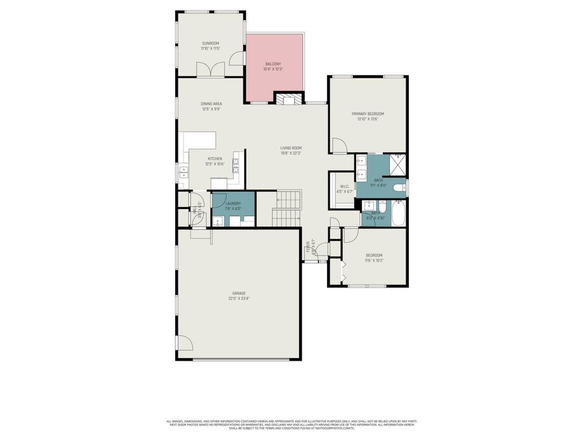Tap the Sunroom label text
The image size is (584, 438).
pos(210,43)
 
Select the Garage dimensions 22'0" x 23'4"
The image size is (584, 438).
pos(239,298)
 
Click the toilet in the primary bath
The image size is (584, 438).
pos(400,188)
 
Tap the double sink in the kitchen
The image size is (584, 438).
pos(184,173)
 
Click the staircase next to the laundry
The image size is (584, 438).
pos(286,208)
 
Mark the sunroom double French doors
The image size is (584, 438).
pos(211,69)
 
